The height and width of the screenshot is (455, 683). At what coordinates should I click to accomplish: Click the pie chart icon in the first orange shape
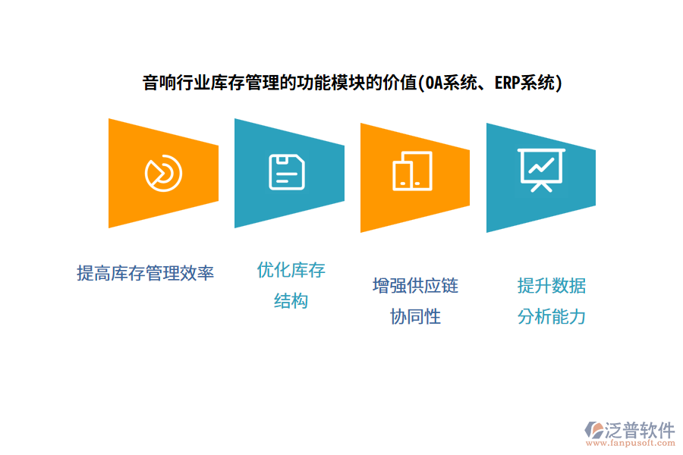(x=163, y=174)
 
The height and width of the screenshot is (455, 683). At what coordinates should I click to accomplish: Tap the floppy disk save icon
(x=288, y=172)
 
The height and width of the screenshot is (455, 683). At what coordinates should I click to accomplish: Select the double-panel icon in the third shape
(x=412, y=171)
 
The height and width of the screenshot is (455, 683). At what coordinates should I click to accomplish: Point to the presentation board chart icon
(x=541, y=169)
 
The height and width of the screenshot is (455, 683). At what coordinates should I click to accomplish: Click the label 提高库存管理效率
(x=145, y=273)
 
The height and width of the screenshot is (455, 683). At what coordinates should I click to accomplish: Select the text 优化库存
(x=291, y=270)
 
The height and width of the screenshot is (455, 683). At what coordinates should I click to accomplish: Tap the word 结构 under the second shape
(x=291, y=301)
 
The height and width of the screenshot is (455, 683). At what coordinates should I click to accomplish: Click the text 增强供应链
(x=415, y=286)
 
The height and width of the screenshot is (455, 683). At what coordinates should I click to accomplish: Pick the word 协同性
(x=415, y=317)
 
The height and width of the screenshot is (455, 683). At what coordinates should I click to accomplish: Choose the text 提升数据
(x=552, y=286)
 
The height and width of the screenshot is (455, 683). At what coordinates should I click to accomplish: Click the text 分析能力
(x=552, y=317)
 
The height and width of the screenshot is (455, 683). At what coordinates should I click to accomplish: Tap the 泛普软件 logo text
(x=639, y=430)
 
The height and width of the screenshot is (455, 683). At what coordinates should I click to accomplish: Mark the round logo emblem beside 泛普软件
(x=593, y=430)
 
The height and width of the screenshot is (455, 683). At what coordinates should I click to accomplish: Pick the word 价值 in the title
(x=401, y=83)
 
